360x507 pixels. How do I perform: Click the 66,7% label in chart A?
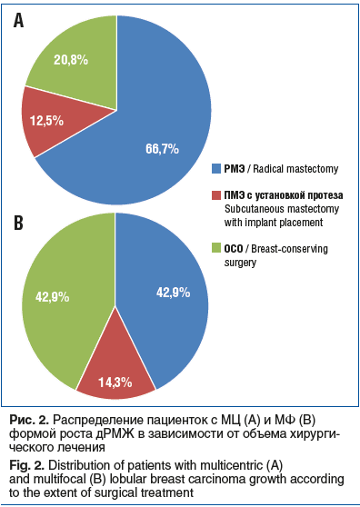point(162,149)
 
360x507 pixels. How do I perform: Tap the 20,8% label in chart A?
point(71,60)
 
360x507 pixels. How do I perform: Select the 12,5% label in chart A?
point(47,121)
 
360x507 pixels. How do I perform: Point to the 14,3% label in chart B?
point(115,383)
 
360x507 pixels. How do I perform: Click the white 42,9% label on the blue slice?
point(173,293)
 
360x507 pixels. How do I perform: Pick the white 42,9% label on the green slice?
point(53,297)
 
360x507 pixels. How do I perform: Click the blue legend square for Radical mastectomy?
point(216,168)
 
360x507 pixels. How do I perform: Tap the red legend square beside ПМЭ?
point(216,195)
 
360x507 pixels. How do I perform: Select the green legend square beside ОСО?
point(216,248)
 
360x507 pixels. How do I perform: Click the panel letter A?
point(18,21)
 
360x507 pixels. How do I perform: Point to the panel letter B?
point(18,224)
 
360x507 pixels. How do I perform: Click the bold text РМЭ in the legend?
point(235,169)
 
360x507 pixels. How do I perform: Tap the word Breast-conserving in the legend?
point(289,249)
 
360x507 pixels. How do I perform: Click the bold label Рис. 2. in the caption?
point(29,420)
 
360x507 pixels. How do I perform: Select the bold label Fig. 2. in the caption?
point(27,465)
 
